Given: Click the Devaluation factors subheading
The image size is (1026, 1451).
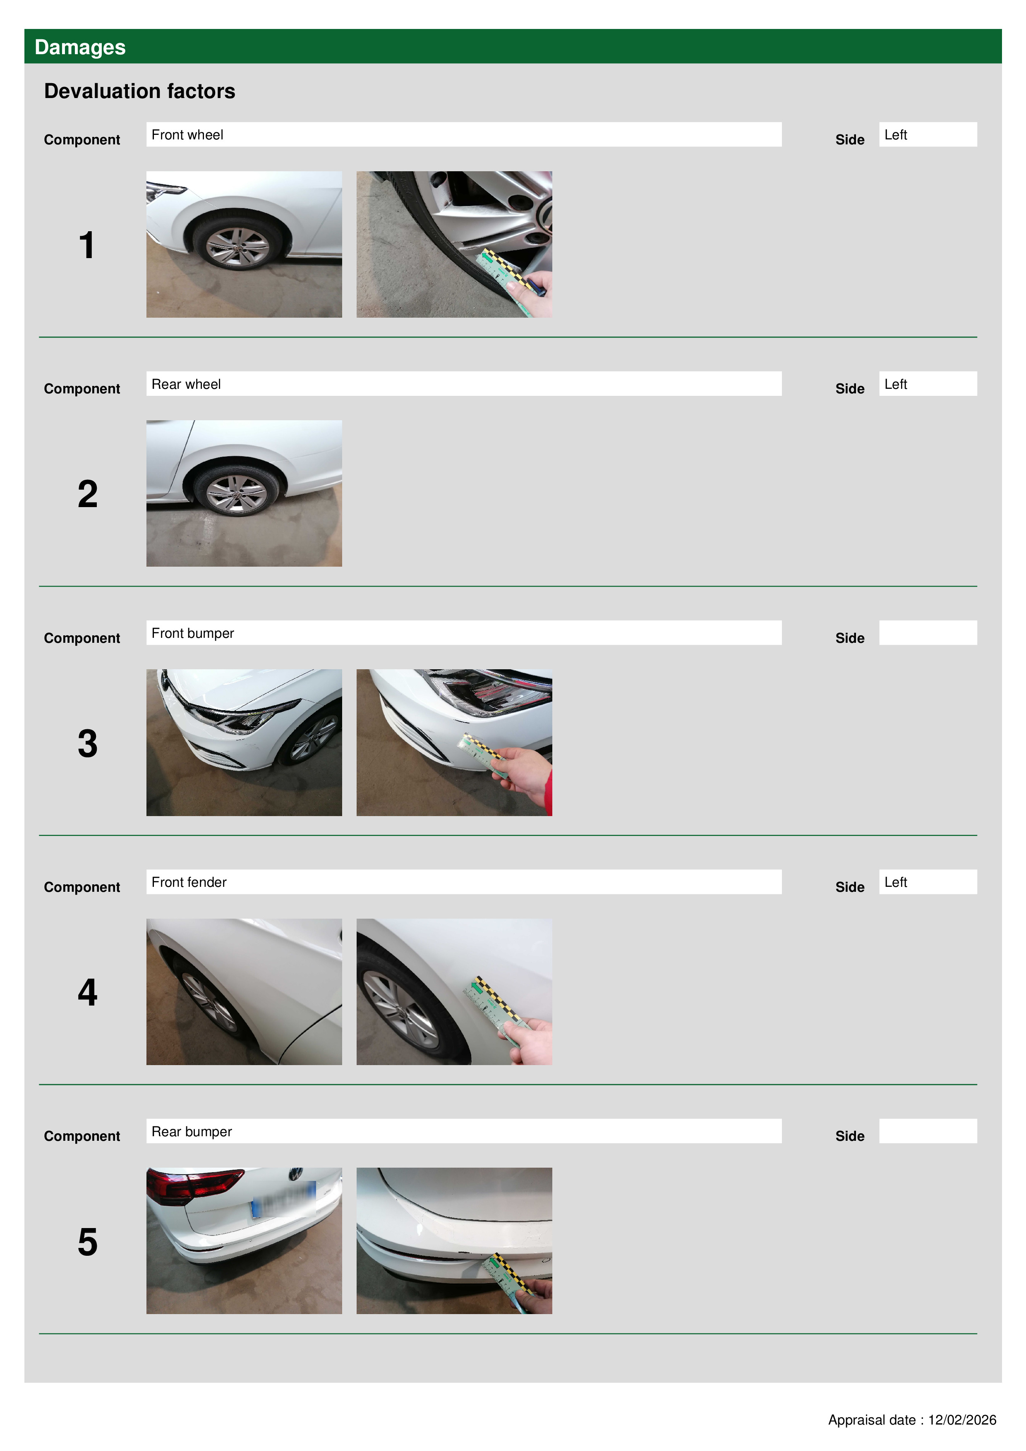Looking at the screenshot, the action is pos(140,91).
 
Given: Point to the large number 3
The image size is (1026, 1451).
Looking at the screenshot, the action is pos(87,743).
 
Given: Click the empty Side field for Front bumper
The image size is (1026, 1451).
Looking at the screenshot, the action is pos(928,632).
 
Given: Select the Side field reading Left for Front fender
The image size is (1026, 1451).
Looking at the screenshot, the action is pos(928,881).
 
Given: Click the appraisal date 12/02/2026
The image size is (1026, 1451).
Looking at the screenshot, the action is pos(961,1420).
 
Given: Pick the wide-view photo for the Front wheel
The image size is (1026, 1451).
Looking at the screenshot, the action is pos(244,244).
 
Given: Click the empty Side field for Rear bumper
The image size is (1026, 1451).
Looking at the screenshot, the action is pos(928,1130).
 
